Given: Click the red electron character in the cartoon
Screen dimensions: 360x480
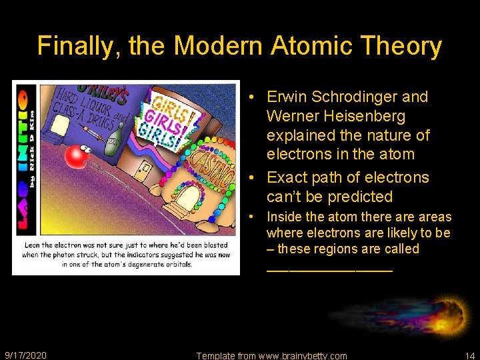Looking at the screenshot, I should pyautogui.click(x=77, y=155).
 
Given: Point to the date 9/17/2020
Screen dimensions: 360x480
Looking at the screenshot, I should pyautogui.click(x=25, y=355).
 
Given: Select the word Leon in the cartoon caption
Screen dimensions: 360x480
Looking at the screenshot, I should pyautogui.click(x=33, y=245).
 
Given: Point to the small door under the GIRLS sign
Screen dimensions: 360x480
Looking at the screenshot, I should pyautogui.click(x=143, y=171).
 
